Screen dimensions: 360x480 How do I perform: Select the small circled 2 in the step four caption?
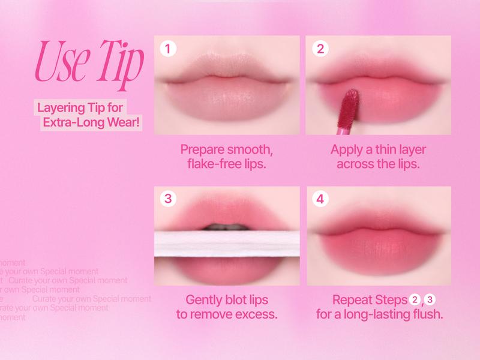click(x=415, y=299)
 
